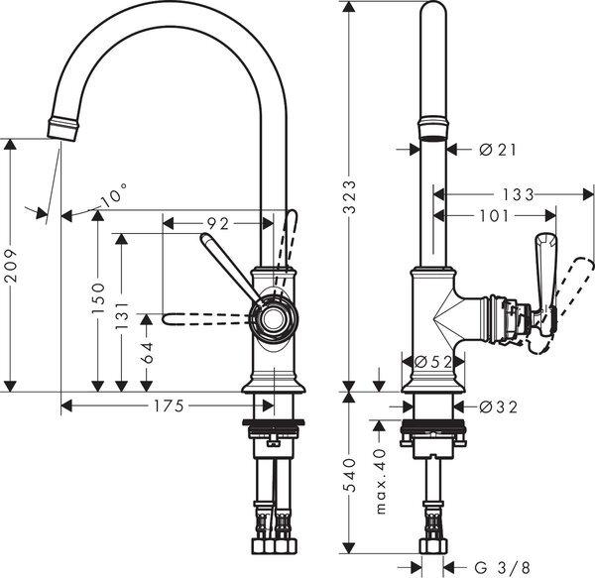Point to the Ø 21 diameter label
(x=498, y=149)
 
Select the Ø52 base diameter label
(x=428, y=362)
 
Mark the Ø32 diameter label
(x=498, y=405)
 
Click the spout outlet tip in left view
(x=61, y=128)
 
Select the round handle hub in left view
(x=272, y=318)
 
